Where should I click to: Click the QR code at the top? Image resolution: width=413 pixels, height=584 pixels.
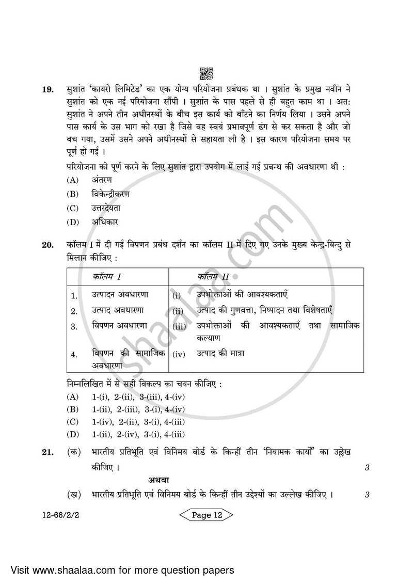point(205,73)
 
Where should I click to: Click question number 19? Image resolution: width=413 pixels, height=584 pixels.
point(47,90)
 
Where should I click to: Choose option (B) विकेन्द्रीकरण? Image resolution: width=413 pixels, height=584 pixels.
point(110,194)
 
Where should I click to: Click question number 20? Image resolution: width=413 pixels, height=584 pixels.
point(47,246)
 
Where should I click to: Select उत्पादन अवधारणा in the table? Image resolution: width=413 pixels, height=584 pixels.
point(120,294)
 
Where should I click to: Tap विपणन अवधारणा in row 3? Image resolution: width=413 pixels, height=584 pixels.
point(119,326)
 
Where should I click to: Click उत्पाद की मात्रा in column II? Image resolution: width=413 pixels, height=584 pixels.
point(220,354)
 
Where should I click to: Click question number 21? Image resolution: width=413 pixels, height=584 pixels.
point(47,452)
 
